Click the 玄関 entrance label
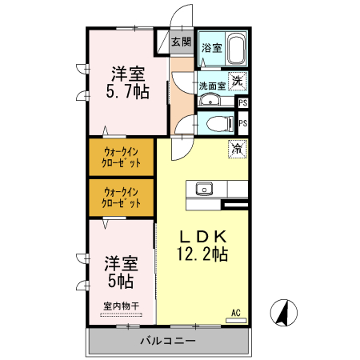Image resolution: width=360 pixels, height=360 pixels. tap(182, 42)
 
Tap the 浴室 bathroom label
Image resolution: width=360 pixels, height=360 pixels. tap(211, 48)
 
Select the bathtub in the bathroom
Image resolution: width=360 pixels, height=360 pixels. tap(238, 50)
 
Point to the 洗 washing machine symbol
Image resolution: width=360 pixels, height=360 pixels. tap(238, 80)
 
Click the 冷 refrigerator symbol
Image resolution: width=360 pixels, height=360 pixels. tap(238, 148)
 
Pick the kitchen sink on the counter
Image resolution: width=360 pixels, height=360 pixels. tap(203, 190)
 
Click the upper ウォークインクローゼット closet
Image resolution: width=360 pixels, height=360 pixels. tap(122, 157)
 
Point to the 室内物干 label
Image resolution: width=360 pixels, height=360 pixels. tap(121, 306)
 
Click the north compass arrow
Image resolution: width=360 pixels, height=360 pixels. tap(282, 312)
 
